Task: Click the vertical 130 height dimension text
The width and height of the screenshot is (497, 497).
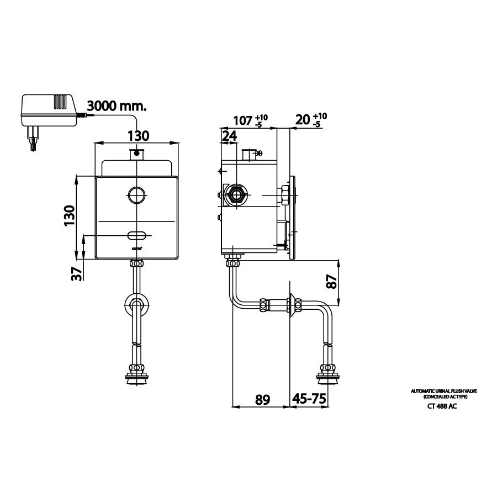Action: pyautogui.click(x=68, y=216)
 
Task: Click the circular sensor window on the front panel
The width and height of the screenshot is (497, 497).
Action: pyautogui.click(x=136, y=194)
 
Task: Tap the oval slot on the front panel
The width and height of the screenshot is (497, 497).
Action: pyautogui.click(x=137, y=236)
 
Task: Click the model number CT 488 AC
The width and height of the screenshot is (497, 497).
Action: pyautogui.click(x=441, y=406)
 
